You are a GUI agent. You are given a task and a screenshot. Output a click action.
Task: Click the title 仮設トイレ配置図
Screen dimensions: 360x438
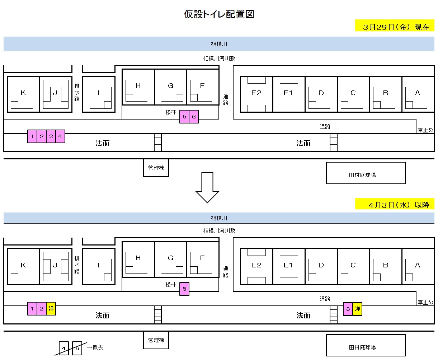(x=219, y=14)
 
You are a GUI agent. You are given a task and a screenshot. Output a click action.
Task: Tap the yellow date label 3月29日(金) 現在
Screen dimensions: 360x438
(x=395, y=26)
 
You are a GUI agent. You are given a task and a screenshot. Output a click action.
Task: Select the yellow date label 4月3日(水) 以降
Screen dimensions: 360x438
(x=395, y=204)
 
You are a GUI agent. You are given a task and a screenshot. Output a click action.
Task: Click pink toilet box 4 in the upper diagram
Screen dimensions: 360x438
(x=60, y=136)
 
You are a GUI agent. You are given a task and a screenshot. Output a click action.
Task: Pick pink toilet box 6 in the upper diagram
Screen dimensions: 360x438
(x=194, y=117)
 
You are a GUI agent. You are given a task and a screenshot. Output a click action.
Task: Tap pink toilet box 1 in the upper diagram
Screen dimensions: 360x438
(x=32, y=136)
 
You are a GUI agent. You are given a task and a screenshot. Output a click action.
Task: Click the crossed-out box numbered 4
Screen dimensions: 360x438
(x=63, y=348)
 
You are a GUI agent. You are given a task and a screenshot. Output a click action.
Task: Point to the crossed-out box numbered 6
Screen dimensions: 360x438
(x=77, y=348)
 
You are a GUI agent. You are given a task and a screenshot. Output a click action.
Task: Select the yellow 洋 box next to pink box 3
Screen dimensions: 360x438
(x=357, y=309)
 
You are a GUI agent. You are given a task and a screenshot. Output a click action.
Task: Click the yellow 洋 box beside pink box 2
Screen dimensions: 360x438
(x=51, y=309)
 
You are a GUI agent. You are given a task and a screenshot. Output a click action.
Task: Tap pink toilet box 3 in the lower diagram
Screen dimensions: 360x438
(x=348, y=309)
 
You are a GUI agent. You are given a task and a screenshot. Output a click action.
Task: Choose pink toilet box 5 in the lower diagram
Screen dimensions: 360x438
(x=184, y=289)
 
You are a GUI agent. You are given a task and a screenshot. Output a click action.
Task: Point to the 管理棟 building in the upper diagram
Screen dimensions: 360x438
(x=156, y=168)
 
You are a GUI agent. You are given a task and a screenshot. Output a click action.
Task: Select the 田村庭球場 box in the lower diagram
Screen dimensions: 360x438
(x=366, y=345)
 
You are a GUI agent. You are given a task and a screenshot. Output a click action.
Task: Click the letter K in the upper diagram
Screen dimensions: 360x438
(x=23, y=93)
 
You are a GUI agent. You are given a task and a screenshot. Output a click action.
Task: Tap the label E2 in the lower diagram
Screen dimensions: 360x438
(x=256, y=265)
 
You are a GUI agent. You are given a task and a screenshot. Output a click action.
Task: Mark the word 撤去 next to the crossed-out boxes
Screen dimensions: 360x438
(x=98, y=347)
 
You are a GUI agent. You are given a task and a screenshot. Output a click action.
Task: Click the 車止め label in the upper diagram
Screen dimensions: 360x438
(x=425, y=130)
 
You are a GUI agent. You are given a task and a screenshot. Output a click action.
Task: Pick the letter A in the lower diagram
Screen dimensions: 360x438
(x=418, y=265)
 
